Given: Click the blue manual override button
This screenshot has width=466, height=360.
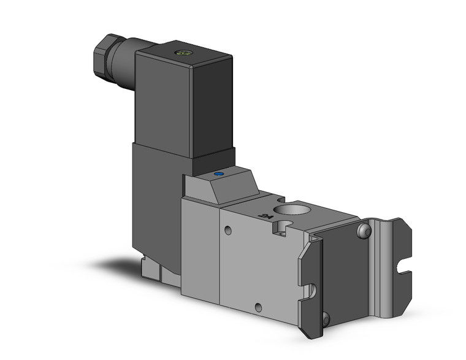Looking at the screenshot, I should tap(218, 175).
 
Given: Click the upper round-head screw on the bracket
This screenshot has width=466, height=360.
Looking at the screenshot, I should tap(364, 231).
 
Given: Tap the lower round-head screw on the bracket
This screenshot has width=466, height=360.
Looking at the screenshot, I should tap(325, 318).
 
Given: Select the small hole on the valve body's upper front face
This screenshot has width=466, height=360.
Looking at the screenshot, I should tap(228, 231).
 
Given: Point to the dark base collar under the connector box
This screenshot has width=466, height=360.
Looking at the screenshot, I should tap(213, 161).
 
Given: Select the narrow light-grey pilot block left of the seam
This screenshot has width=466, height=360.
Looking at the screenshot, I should tap(200, 245).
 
